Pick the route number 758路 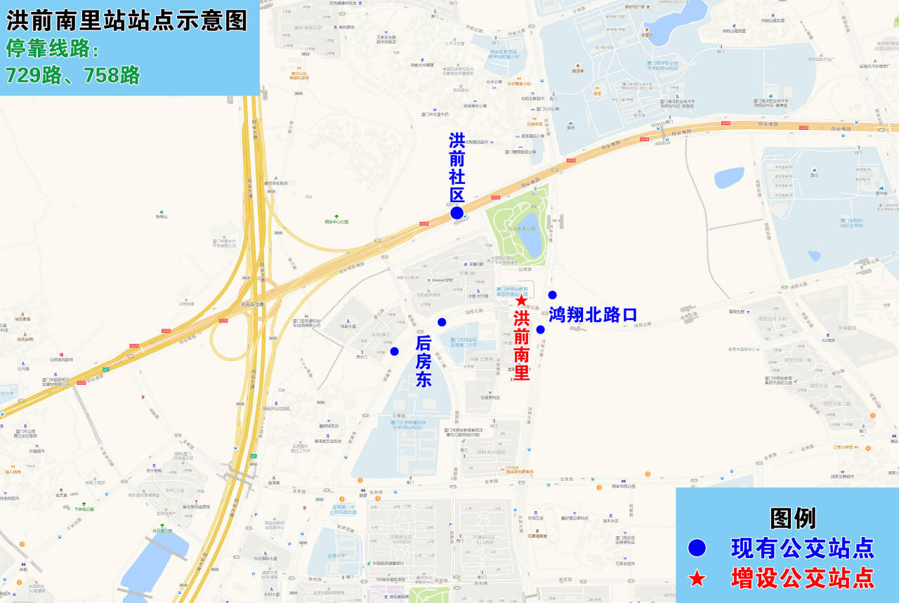tap(112, 75)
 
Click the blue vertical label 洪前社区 tap(457, 168)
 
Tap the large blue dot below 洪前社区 tap(457, 213)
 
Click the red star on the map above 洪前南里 tap(521, 300)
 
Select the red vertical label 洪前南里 tap(521, 345)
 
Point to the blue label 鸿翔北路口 tap(593, 314)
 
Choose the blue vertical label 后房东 tap(424, 362)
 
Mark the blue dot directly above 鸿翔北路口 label tap(552, 295)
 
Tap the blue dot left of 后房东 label tap(394, 351)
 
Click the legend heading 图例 tap(793, 518)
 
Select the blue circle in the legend tap(697, 548)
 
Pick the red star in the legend tap(697, 578)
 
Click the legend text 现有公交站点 tap(803, 548)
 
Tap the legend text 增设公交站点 tap(803, 578)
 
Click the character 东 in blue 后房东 tap(424, 380)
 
